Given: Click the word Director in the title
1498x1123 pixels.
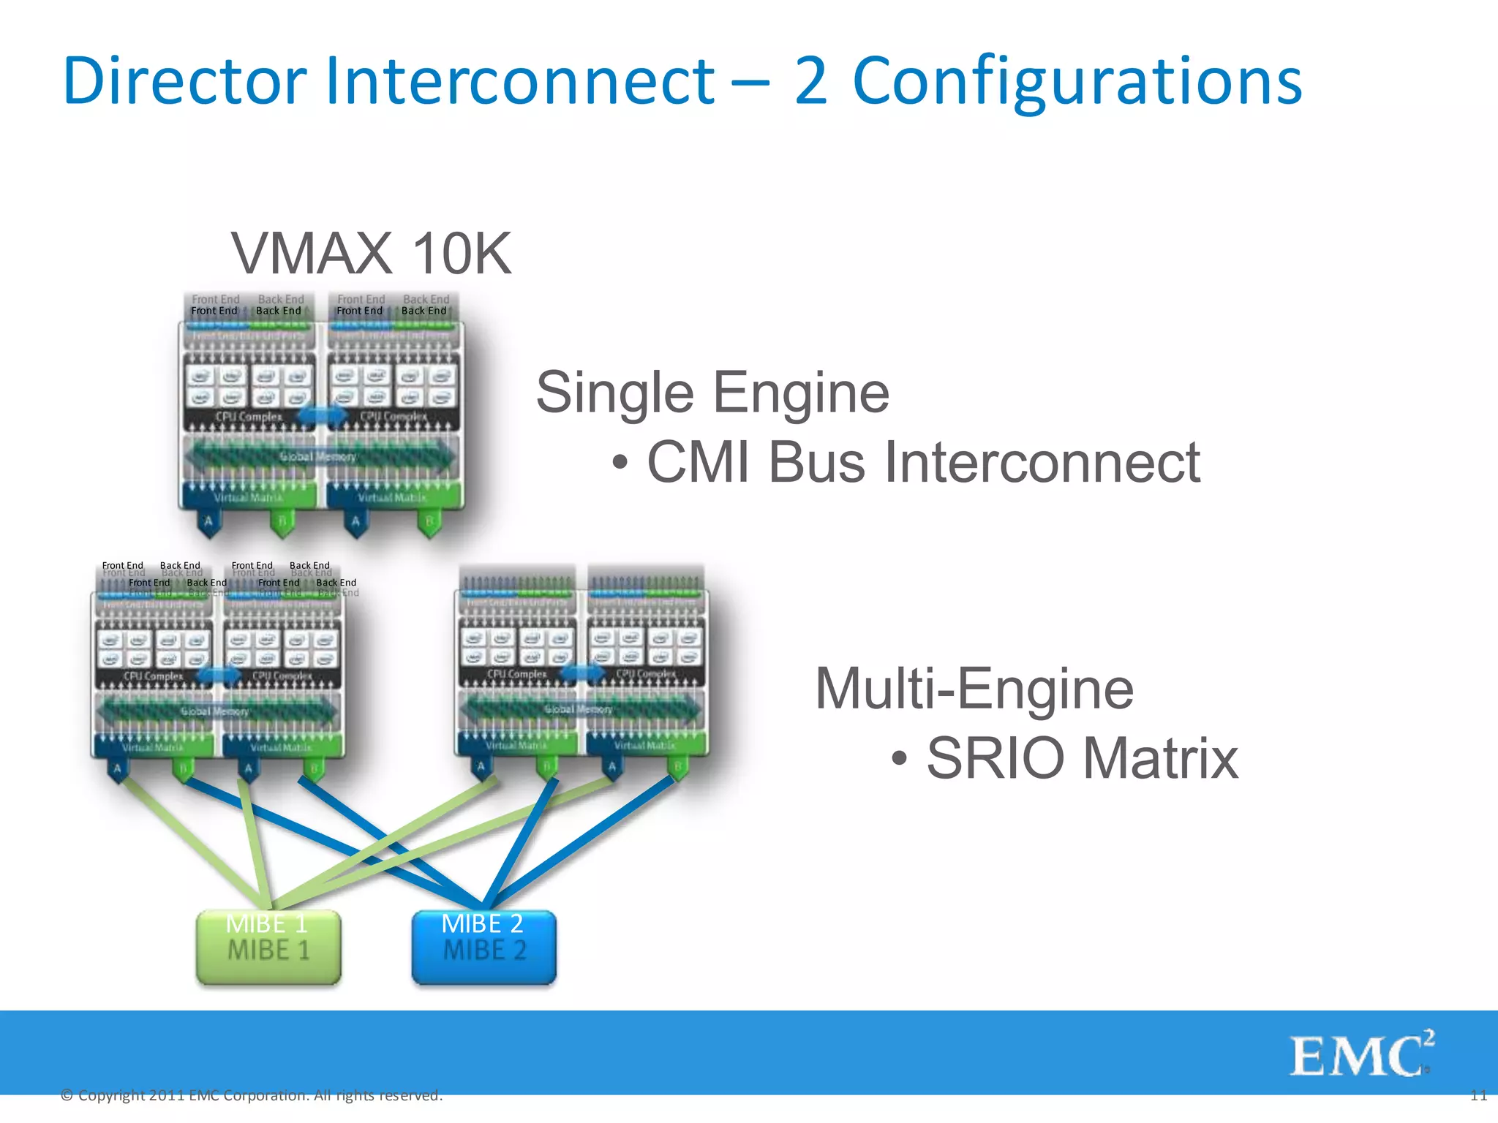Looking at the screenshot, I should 184,80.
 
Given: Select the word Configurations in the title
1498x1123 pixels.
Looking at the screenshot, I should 1077,82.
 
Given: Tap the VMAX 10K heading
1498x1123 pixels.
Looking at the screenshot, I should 371,253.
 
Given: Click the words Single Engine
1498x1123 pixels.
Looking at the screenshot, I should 712,393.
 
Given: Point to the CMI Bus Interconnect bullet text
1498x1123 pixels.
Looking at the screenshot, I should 923,462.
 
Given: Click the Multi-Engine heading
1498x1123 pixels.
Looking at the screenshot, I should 974,689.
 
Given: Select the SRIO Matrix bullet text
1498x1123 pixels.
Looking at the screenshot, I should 1081,758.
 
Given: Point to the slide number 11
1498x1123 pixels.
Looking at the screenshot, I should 1478,1095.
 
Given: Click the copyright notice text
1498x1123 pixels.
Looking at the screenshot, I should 252,1095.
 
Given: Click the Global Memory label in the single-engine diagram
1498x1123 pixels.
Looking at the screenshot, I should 318,456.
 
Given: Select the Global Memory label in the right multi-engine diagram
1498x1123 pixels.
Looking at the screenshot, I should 578,708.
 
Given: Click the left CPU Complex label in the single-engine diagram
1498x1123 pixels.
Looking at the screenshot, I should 248,416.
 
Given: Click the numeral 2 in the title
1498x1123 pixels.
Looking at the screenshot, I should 811,82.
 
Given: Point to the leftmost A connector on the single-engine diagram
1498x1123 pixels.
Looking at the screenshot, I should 209,522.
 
